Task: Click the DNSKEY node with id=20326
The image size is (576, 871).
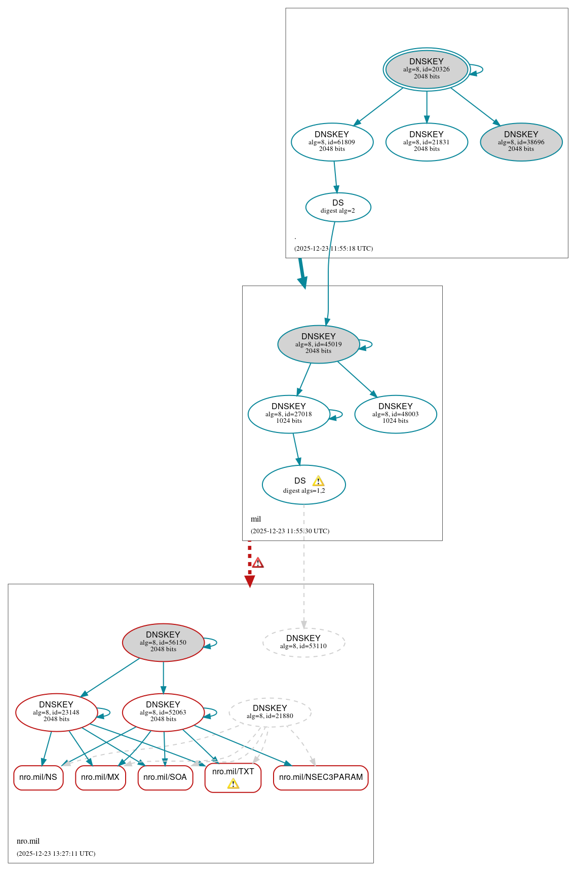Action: pos(426,69)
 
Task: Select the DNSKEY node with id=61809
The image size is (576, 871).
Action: pos(332,142)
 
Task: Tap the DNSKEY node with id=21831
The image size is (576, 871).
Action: pos(426,142)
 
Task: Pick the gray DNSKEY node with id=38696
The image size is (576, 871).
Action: pos(521,142)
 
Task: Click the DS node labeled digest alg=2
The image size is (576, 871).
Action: pos(338,207)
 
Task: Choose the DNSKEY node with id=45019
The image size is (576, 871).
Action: pos(318,344)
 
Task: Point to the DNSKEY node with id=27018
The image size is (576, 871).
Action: pos(288,414)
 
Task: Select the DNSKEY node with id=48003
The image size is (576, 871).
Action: pos(395,414)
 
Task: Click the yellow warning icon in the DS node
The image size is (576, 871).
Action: pos(318,481)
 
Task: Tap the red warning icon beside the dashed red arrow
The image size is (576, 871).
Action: pos(258,563)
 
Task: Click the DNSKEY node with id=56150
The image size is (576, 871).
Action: pos(163,642)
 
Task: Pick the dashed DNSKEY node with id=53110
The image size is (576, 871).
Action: pos(303,642)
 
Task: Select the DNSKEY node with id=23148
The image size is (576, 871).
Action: pos(56,712)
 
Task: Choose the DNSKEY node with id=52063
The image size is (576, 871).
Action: pos(163,712)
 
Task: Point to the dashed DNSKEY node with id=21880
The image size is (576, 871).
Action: pos(270,712)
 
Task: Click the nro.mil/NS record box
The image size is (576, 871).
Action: pos(39,777)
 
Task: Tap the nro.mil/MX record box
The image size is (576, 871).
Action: pos(100,777)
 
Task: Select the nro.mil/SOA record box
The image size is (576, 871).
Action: pos(165,777)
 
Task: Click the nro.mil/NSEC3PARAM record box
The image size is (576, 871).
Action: pos(321,777)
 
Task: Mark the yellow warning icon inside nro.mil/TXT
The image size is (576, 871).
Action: pos(233,784)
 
